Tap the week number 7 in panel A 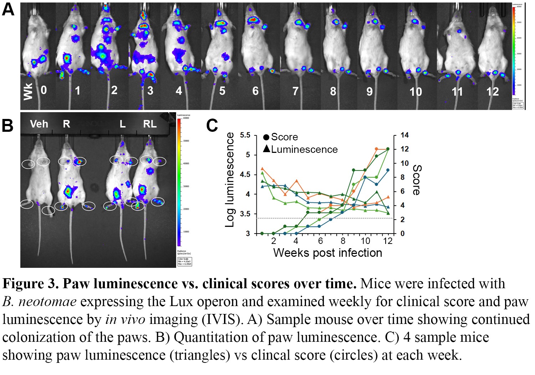(x=295, y=91)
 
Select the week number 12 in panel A (x=492, y=92)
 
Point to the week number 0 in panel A (x=44, y=90)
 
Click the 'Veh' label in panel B (x=39, y=124)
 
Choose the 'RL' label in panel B (x=150, y=124)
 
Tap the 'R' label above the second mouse (x=66, y=124)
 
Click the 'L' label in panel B (x=122, y=124)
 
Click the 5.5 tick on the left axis (x=245, y=135)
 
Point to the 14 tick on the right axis (x=404, y=135)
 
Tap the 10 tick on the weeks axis (x=366, y=241)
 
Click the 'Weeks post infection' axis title (x=327, y=253)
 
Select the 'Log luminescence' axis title (x=230, y=180)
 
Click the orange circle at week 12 (x=388, y=149)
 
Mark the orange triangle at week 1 (x=262, y=169)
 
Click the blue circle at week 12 (x=388, y=170)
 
